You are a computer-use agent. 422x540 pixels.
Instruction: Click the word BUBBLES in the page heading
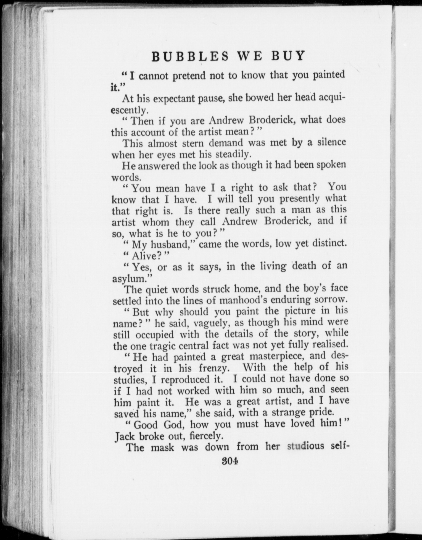[190, 56]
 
